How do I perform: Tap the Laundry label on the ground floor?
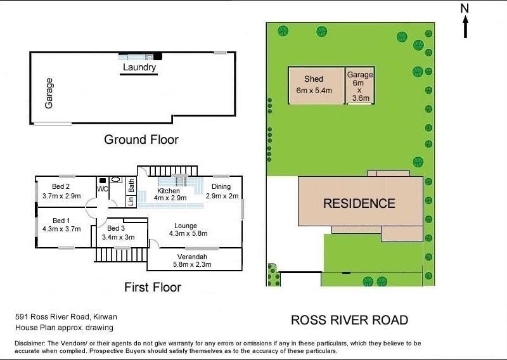(139, 67)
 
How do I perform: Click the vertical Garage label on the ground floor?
(49, 93)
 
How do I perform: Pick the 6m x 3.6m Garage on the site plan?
(359, 86)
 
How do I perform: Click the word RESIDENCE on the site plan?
(359, 203)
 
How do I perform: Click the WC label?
(102, 189)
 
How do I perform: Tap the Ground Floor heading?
(141, 139)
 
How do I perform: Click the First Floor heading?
(152, 287)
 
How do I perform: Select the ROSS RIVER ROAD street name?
(349, 320)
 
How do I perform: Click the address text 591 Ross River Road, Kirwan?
(67, 316)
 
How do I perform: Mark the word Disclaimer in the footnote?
(30, 343)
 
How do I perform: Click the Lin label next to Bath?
(131, 201)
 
